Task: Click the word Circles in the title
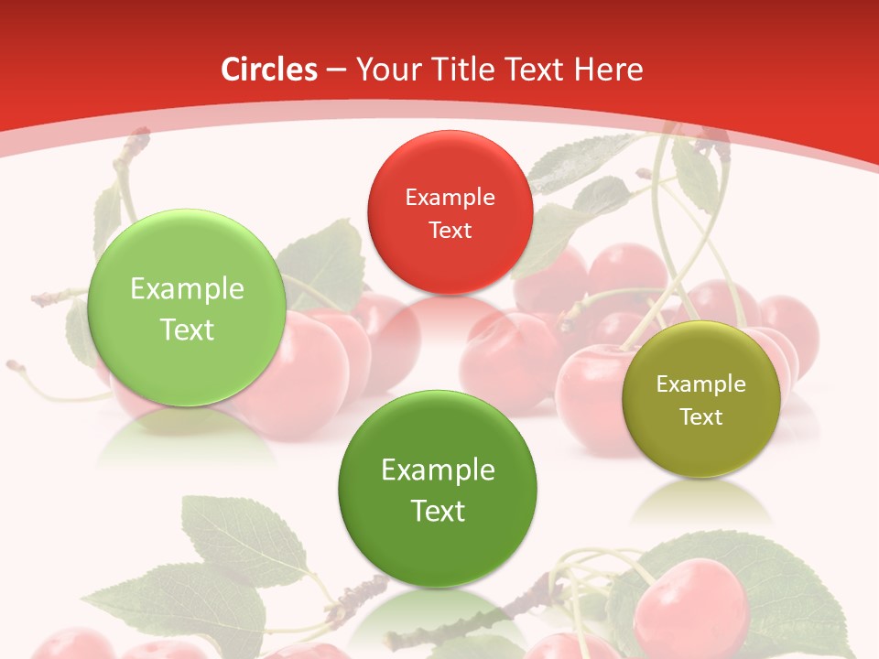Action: tap(269, 70)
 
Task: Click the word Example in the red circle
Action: tap(450, 198)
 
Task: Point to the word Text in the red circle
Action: tap(450, 231)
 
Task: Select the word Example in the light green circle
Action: tap(187, 289)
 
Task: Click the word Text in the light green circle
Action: tap(187, 330)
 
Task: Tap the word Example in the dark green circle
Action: tap(438, 470)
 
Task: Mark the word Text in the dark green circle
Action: tap(438, 511)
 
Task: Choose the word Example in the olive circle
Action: tap(700, 384)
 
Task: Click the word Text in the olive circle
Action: tap(700, 417)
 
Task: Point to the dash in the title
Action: tap(336, 70)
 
